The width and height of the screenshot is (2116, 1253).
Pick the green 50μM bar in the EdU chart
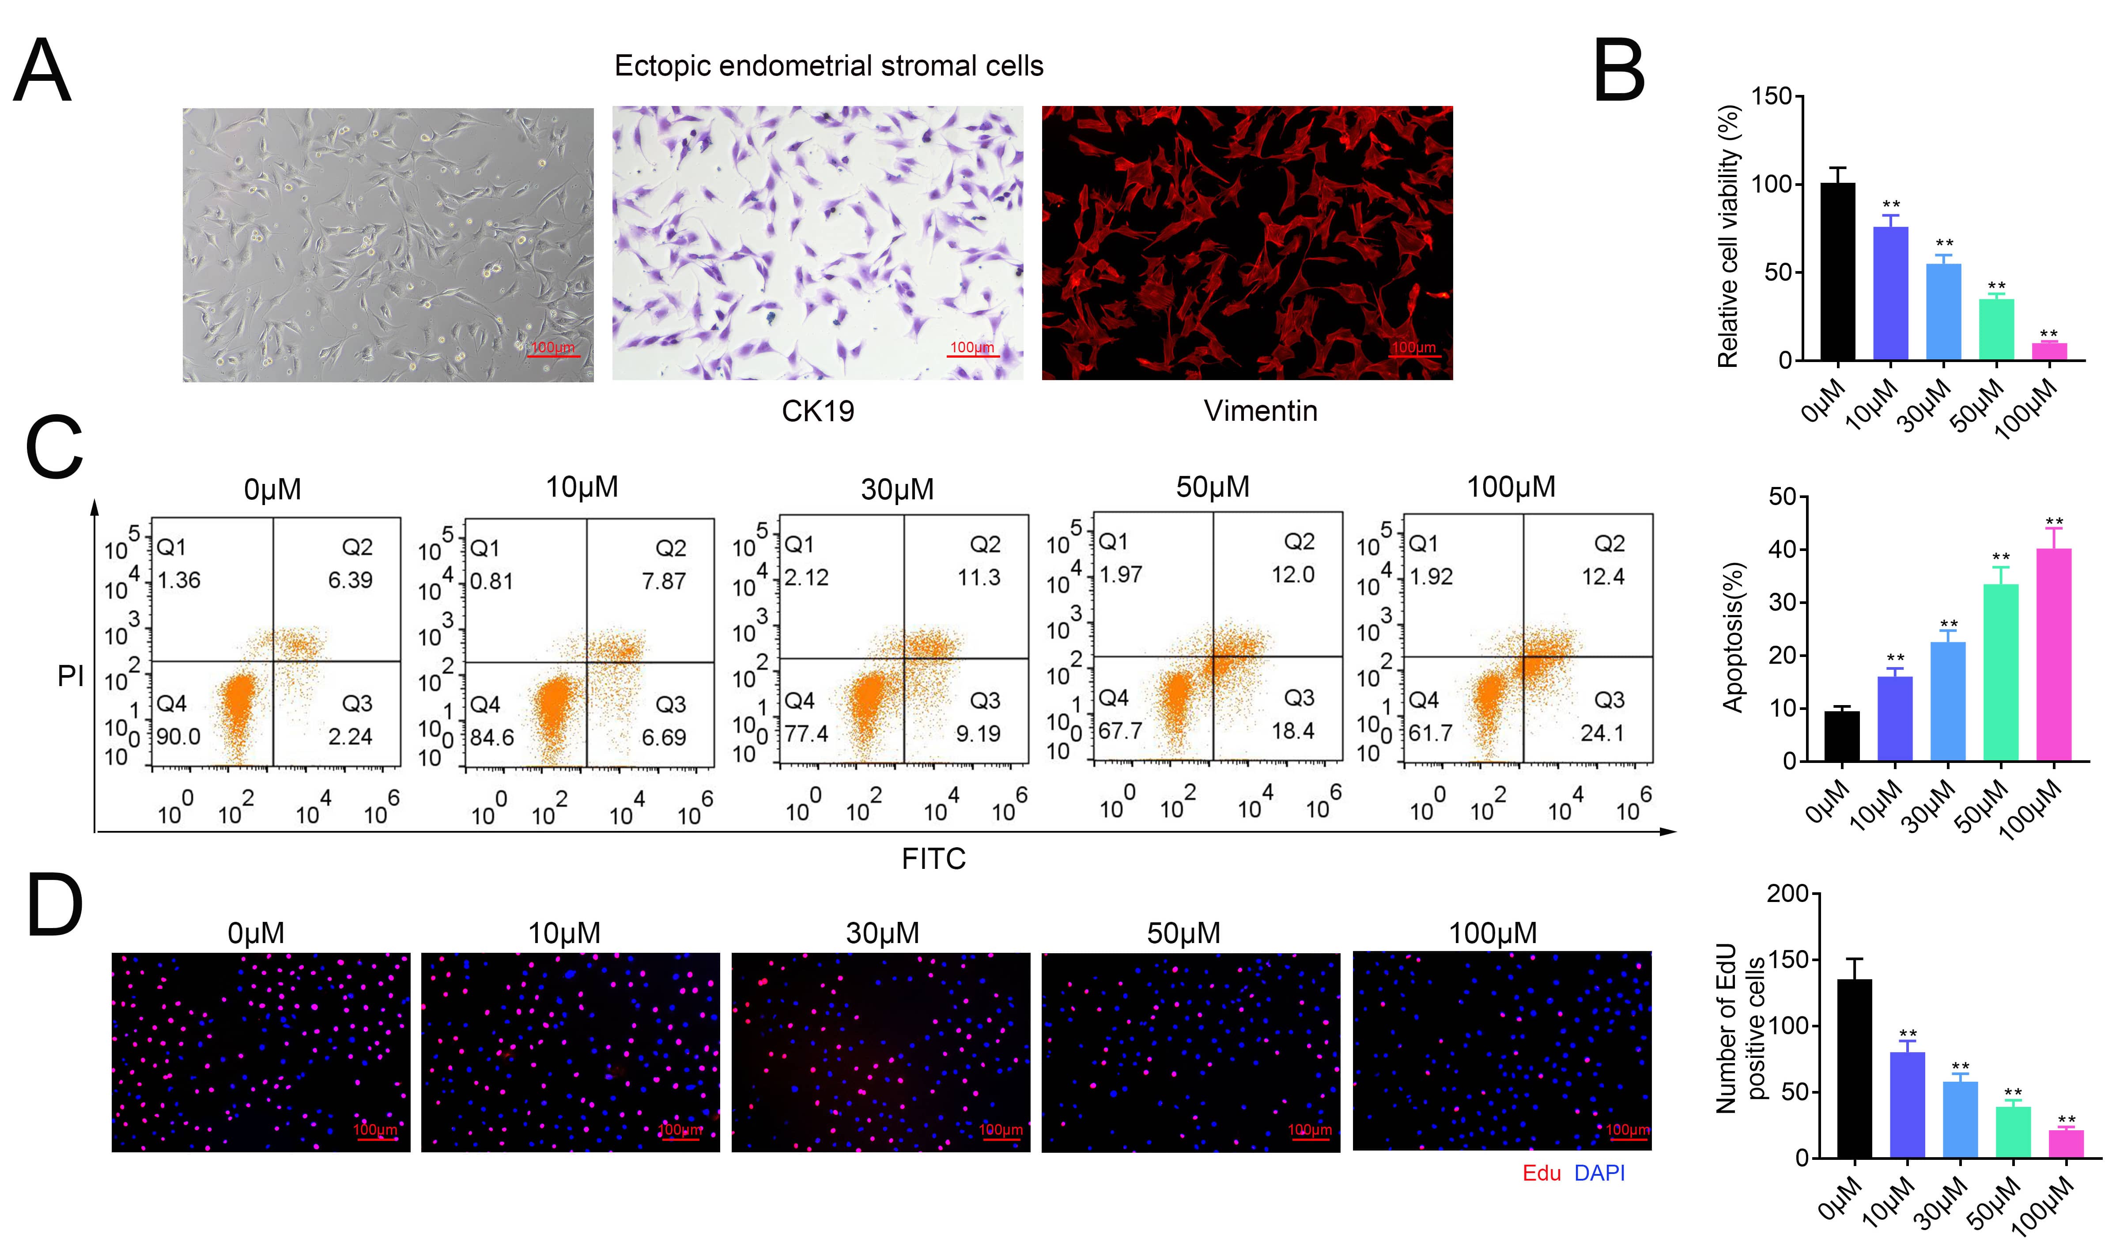2013,1132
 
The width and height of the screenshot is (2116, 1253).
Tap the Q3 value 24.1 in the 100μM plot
1602,733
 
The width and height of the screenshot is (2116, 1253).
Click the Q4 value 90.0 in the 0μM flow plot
178,736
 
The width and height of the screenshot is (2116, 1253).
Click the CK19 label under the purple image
817,411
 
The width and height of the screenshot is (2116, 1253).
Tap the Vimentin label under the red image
1260,411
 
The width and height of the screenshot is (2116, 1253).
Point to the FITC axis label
933,859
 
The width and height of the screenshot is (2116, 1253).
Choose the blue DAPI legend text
1599,1173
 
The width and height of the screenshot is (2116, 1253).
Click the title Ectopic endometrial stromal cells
828,66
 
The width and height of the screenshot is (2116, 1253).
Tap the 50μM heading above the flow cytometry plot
1213,487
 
